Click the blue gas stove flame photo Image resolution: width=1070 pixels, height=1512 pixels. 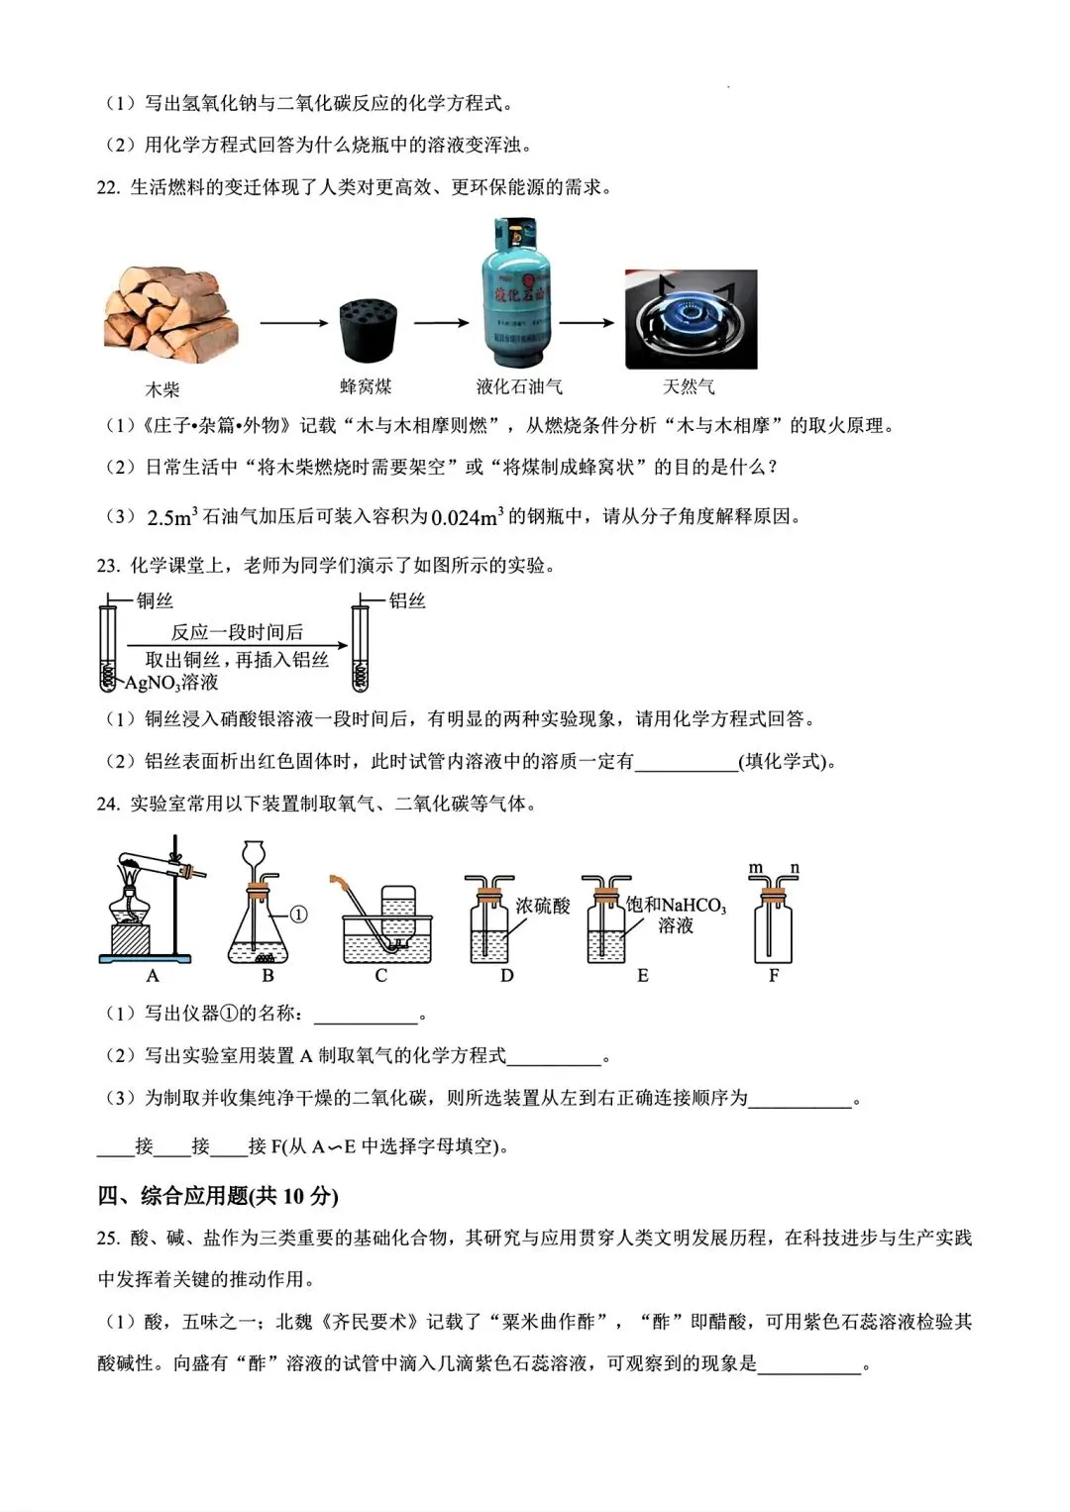tap(691, 318)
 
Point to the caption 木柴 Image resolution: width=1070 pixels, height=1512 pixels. tap(162, 389)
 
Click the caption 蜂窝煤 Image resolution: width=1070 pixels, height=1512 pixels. tap(366, 386)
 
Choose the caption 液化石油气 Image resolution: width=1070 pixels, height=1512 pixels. tap(518, 386)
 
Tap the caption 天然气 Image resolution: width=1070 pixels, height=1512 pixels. tap(689, 386)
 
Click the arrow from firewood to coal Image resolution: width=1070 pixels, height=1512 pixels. tap(293, 322)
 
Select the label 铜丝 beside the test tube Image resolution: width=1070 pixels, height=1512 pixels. tap(155, 600)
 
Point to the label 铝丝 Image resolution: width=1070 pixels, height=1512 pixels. tap(406, 600)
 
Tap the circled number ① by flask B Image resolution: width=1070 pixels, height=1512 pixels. tap(297, 914)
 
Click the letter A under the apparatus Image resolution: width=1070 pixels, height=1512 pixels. tap(153, 976)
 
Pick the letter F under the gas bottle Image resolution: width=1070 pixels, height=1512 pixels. tap(774, 976)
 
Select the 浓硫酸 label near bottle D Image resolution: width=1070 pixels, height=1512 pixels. tap(543, 905)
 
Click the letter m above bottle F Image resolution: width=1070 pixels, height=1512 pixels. tap(756, 869)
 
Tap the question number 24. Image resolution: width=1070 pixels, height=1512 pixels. tap(108, 804)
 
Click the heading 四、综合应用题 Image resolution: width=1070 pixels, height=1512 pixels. tap(217, 1195)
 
